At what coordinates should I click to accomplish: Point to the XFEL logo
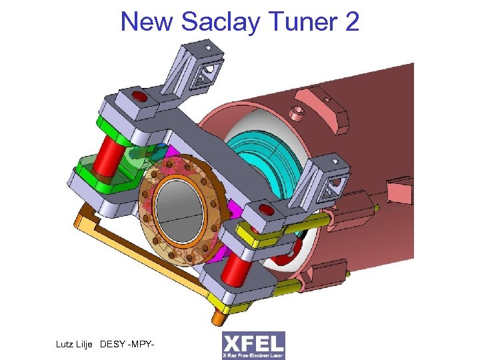point(253,345)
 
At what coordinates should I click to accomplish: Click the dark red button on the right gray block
point(265,211)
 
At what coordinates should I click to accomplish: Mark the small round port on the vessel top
point(298,109)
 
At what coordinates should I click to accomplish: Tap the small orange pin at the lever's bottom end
point(218,313)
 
